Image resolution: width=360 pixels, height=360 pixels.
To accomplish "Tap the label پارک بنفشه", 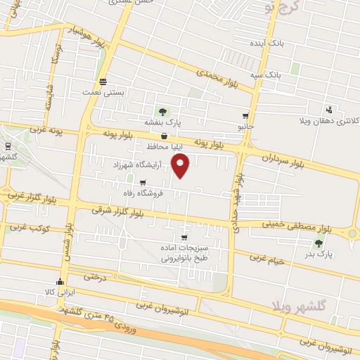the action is (x=163, y=122).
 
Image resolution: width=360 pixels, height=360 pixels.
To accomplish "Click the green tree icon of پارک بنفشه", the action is (x=163, y=111).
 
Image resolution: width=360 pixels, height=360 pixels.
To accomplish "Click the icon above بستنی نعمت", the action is (x=103, y=81).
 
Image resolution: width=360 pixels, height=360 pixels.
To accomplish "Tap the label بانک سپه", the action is (x=268, y=73).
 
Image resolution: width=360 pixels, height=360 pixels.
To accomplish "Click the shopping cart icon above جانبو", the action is (x=245, y=116).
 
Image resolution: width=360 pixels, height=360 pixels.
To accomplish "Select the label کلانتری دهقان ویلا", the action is (x=334, y=121).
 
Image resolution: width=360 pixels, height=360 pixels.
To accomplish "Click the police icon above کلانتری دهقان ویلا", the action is (x=328, y=110).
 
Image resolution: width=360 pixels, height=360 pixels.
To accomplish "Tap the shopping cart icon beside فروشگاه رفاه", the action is (x=143, y=182).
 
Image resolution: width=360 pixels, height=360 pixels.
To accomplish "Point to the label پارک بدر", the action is (x=319, y=255).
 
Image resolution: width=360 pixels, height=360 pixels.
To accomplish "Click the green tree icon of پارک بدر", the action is (x=319, y=243).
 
